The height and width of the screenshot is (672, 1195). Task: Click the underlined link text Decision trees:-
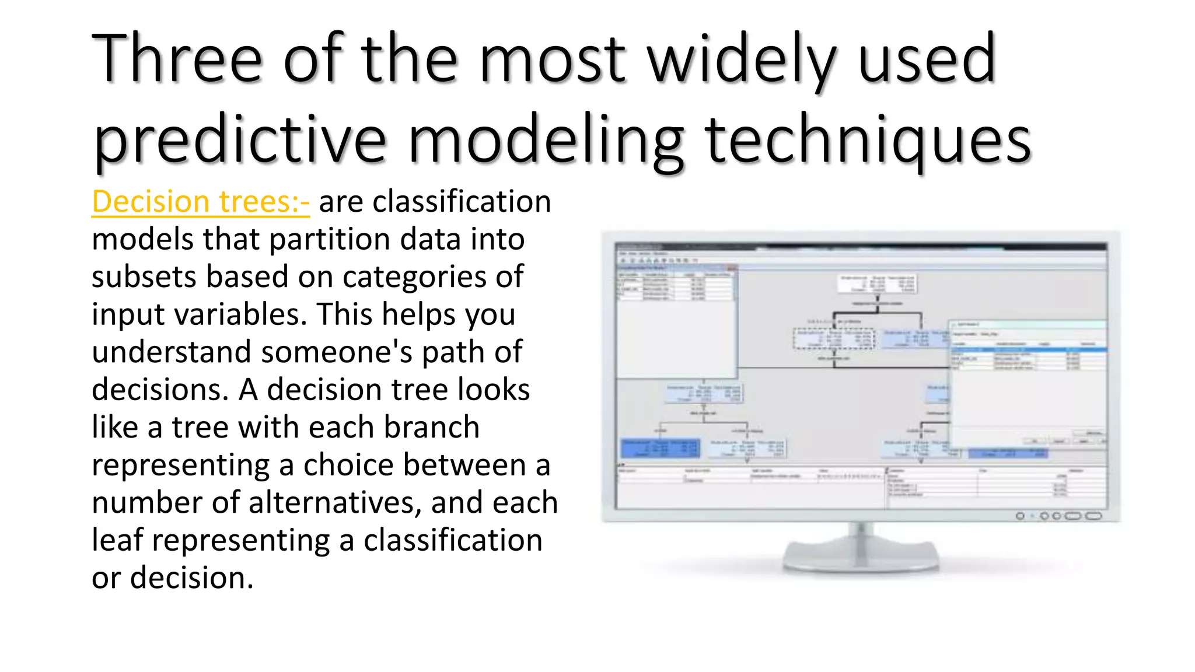[200, 202]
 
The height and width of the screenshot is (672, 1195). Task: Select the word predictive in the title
[239, 140]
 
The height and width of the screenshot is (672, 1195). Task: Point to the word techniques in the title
[868, 140]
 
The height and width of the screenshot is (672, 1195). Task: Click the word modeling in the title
[546, 140]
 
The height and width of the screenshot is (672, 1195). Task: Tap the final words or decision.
[173, 578]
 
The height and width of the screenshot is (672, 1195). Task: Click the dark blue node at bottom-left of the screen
[661, 448]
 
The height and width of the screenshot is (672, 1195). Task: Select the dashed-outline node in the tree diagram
[834, 338]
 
